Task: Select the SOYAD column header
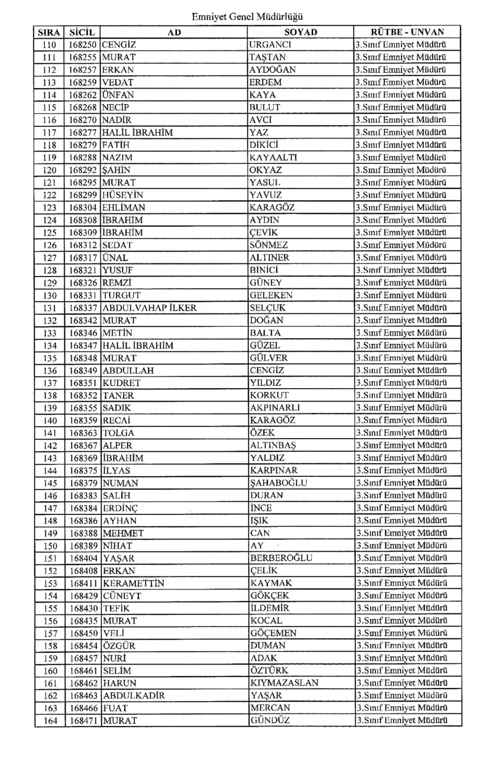point(300,32)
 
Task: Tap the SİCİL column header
point(83,32)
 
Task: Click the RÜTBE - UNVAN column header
point(407,32)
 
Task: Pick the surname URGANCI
point(271,45)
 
